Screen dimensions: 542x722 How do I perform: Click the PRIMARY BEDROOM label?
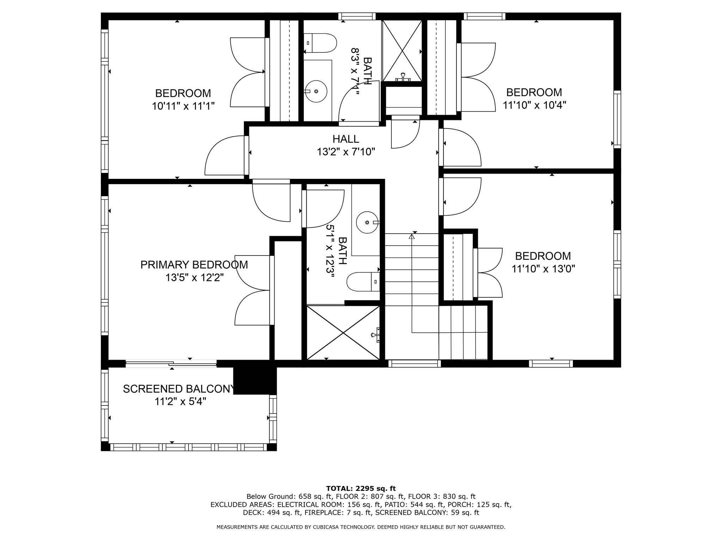tap(194, 265)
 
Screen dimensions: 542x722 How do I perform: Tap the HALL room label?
tap(345, 139)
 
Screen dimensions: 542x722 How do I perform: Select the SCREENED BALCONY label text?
tap(178, 389)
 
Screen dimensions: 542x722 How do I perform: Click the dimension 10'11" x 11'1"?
tap(183, 106)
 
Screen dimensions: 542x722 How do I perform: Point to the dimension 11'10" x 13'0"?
tap(543, 269)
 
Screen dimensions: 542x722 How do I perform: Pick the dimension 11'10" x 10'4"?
tap(534, 105)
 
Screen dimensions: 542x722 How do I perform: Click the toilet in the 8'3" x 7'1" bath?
tap(320, 43)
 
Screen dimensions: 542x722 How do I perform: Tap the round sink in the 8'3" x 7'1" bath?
tap(316, 91)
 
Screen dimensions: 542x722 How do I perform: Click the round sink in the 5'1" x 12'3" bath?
tap(367, 222)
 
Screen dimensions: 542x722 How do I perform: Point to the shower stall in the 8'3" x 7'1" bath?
tap(402, 51)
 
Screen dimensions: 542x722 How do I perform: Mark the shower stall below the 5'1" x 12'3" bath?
tap(343, 333)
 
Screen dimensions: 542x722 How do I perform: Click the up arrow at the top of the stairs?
tap(411, 236)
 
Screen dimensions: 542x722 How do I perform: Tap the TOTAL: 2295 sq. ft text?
tap(361, 488)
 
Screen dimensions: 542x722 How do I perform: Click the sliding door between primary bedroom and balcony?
tap(171, 363)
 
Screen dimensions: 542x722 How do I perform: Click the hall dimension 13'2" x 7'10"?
tap(345, 152)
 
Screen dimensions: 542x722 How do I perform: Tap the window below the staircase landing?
tap(415, 363)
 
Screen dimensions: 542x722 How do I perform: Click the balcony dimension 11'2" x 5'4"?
tap(180, 402)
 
